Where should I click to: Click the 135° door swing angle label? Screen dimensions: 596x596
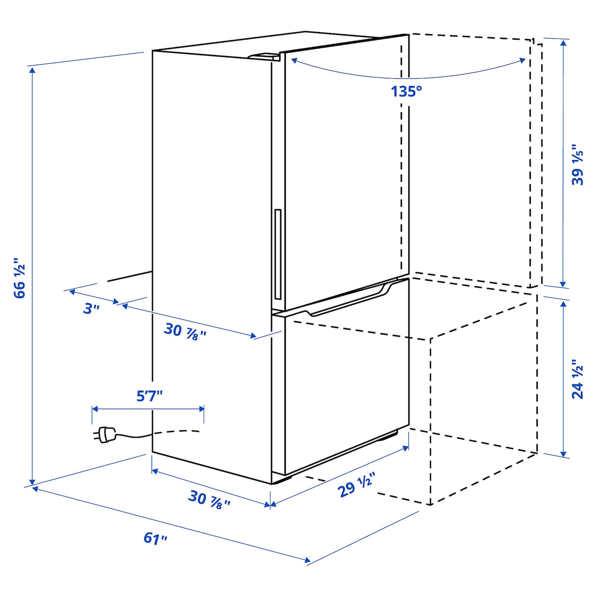tap(406, 92)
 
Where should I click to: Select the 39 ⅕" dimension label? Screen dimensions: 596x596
tap(577, 168)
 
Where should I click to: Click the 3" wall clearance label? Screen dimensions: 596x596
tap(91, 309)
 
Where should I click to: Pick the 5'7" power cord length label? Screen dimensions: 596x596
tap(150, 396)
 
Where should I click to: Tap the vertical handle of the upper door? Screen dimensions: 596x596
tap(278, 254)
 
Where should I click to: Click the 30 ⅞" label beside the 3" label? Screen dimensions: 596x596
tap(185, 331)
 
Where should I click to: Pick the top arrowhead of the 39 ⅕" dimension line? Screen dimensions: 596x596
tap(563, 43)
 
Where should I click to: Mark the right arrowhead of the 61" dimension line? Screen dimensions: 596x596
tap(307, 560)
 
